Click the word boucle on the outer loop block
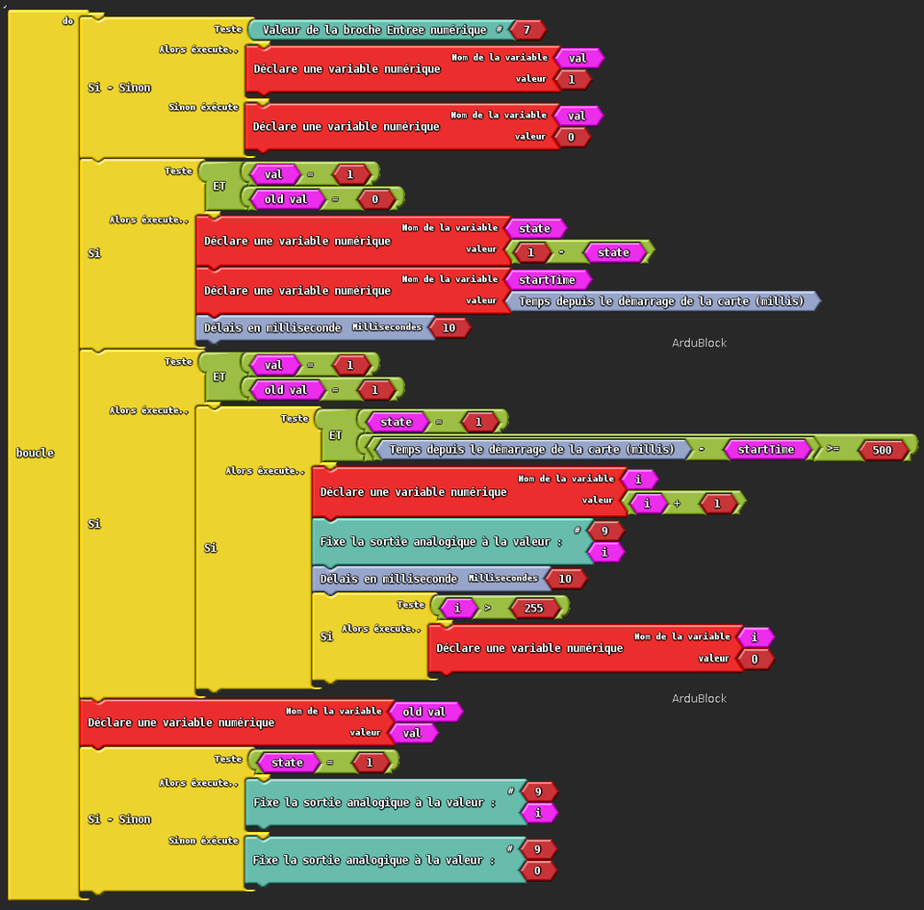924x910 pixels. [35, 453]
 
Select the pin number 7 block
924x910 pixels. [526, 30]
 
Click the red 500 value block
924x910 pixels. [882, 450]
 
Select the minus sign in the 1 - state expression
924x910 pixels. [561, 253]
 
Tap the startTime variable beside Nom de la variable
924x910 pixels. [546, 279]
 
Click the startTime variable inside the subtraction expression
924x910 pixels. [765, 450]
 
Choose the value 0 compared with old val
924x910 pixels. [375, 199]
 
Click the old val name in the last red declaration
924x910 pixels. [424, 712]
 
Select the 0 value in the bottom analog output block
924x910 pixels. [537, 871]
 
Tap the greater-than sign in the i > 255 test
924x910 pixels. [487, 608]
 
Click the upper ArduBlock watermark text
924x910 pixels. [698, 343]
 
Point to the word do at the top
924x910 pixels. [67, 19]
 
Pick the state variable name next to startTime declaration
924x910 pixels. [534, 228]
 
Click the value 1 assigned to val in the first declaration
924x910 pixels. [572, 80]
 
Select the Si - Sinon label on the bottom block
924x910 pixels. [119, 819]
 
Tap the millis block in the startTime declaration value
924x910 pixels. [660, 301]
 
